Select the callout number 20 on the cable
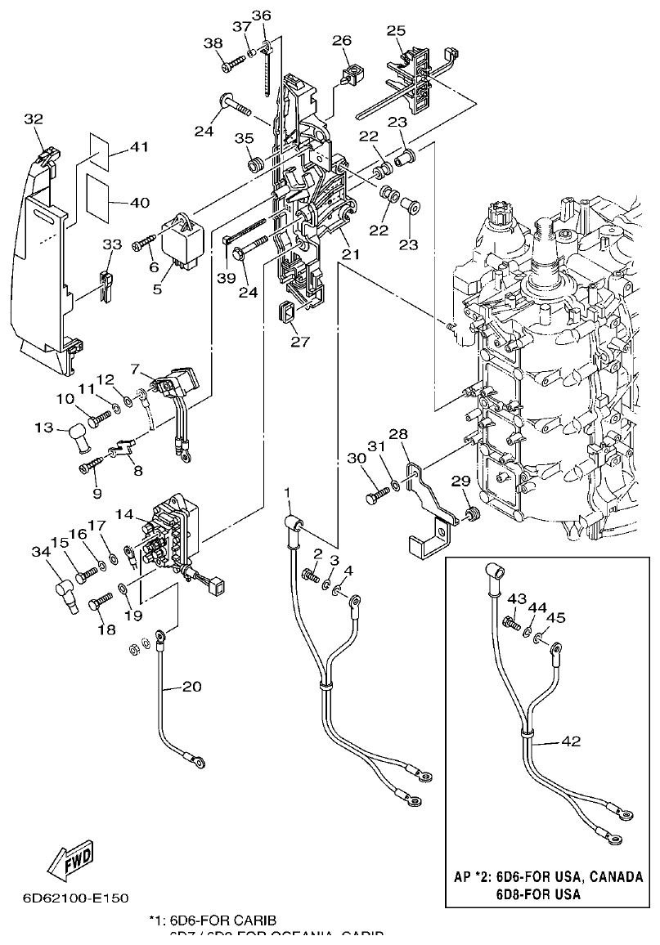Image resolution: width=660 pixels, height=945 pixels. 191,687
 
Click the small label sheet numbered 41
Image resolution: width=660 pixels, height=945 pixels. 97,147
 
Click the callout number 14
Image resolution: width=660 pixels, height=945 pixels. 125,516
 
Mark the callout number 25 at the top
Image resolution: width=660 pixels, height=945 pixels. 396,30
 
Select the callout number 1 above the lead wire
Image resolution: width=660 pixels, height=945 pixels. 287,491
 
